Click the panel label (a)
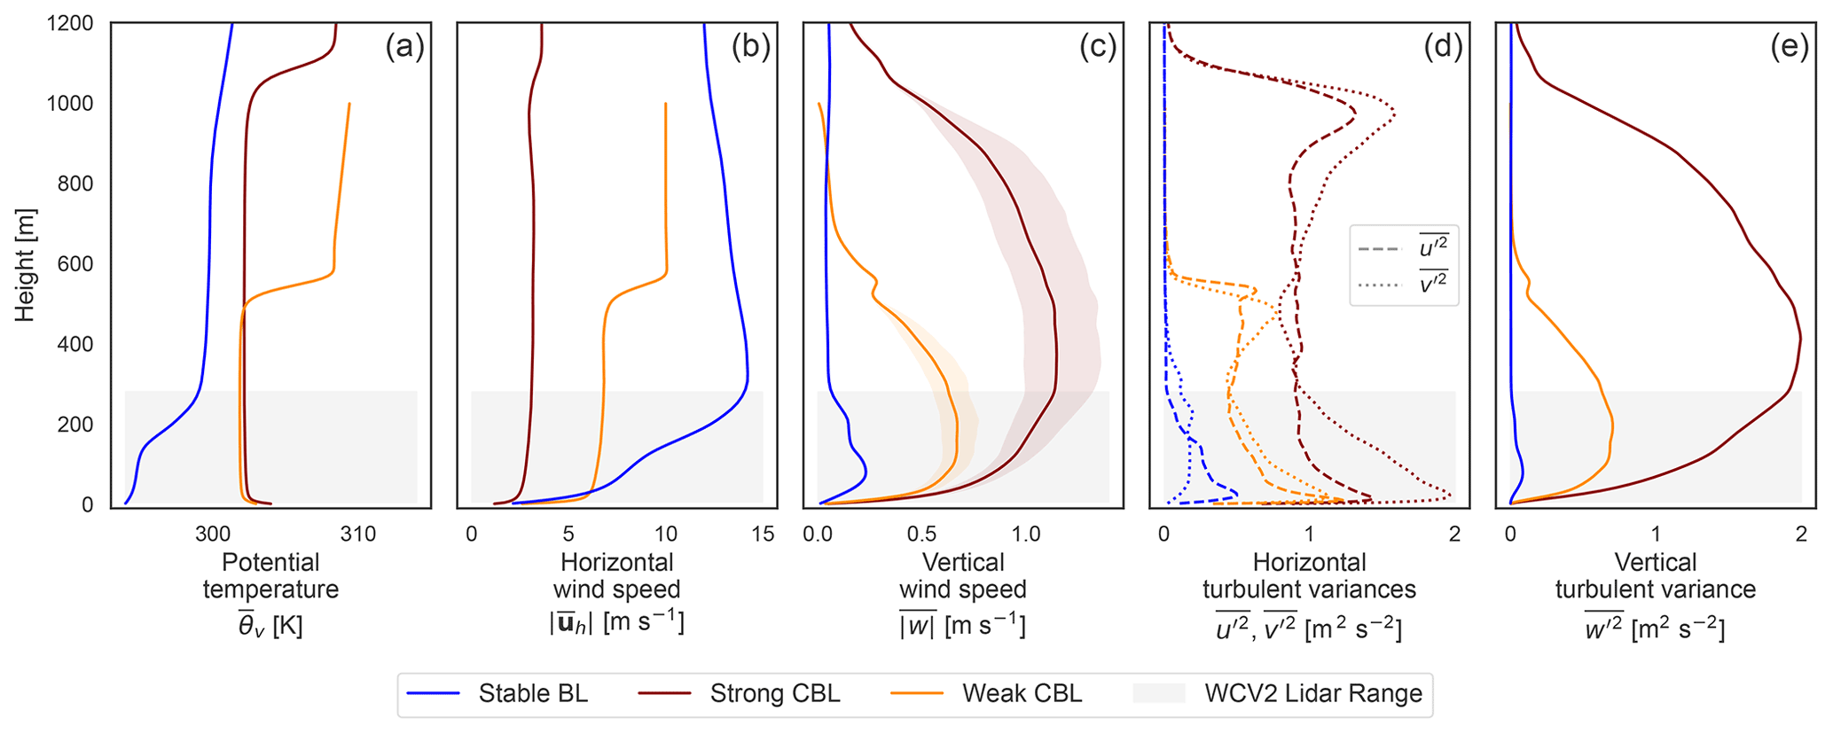[404, 46]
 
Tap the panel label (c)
[1097, 46]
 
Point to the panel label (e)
[1790, 46]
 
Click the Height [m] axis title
[25, 264]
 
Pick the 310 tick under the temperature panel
[358, 534]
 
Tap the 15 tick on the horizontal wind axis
[763, 534]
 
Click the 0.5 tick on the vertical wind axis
[921, 534]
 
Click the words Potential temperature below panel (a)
[270, 576]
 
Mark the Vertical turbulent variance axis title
[1655, 576]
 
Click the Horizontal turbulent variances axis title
[1309, 576]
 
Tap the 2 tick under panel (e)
[1800, 534]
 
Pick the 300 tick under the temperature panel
[213, 534]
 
